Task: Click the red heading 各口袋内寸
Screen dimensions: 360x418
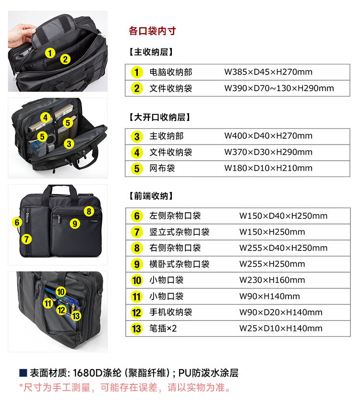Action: click(x=152, y=31)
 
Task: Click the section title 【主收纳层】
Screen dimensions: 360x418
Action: click(x=151, y=52)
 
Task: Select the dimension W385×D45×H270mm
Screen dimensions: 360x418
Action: click(x=268, y=72)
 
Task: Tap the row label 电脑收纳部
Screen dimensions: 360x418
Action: click(x=171, y=72)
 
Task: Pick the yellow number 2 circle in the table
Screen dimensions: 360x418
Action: click(x=137, y=88)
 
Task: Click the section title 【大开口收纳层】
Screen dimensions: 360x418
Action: click(x=159, y=117)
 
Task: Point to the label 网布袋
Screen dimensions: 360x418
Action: click(x=162, y=168)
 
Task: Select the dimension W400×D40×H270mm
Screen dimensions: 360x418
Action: click(x=268, y=136)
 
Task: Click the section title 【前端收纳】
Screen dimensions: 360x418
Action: click(x=151, y=196)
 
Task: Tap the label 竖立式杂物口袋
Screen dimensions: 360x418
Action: click(x=179, y=232)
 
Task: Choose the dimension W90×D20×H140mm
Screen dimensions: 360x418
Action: click(x=281, y=312)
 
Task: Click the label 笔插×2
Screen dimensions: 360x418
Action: click(x=163, y=328)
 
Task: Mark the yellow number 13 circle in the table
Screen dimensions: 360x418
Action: click(x=137, y=328)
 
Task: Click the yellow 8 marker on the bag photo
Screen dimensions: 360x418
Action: click(x=89, y=211)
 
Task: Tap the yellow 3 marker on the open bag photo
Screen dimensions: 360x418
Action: click(x=69, y=144)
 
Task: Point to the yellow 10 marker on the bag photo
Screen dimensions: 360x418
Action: click(x=60, y=292)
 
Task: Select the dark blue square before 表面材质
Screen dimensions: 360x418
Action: click(x=23, y=373)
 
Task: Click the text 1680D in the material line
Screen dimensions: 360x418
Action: click(x=88, y=373)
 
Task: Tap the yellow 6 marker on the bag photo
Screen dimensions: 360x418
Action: click(x=17, y=222)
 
